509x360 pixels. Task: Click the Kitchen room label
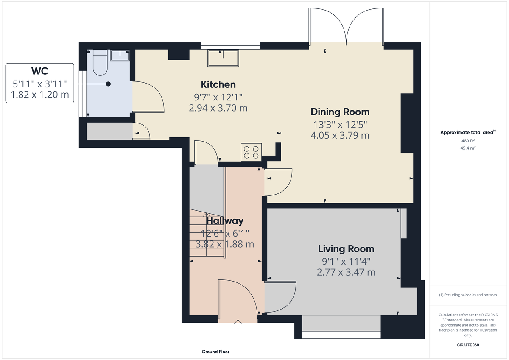pos(218,84)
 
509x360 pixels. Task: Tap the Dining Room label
pos(340,112)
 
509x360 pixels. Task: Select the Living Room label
pos(346,249)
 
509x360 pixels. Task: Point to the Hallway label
pos(224,221)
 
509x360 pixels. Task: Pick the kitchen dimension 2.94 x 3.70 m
pos(218,108)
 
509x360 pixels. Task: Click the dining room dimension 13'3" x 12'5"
pos(340,125)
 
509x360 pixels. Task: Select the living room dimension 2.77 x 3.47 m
pos(346,272)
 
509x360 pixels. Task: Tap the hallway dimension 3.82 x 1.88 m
pos(224,244)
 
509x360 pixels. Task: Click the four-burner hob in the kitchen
pos(251,153)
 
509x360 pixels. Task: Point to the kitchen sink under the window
pos(223,58)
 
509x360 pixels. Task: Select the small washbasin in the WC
pos(120,54)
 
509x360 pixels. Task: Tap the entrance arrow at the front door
pos(238,324)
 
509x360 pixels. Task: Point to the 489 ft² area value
pos(468,141)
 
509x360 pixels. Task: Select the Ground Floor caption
pos(215,352)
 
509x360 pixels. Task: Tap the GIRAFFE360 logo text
pos(468,345)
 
